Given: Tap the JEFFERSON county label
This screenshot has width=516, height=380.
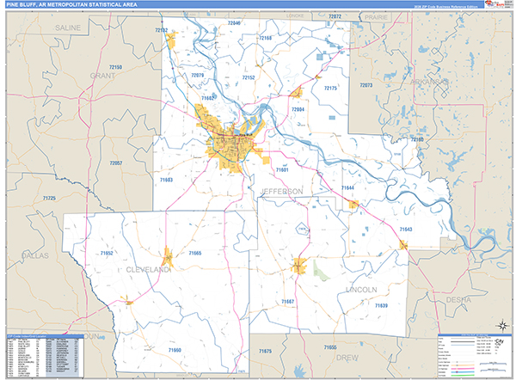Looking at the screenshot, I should point(278,189).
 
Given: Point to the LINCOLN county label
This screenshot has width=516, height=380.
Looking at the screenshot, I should point(361,290).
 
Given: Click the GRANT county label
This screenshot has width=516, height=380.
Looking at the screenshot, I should point(102,76).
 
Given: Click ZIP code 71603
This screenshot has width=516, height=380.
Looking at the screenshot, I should point(166,180).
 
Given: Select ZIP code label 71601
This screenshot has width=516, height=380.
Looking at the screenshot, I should point(258,170).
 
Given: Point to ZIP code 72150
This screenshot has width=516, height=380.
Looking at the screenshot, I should point(116,66).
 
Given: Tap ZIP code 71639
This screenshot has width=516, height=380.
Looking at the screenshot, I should point(381,306).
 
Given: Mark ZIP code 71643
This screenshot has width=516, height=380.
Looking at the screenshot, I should point(406,230).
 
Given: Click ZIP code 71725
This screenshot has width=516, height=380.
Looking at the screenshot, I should point(48,199).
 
